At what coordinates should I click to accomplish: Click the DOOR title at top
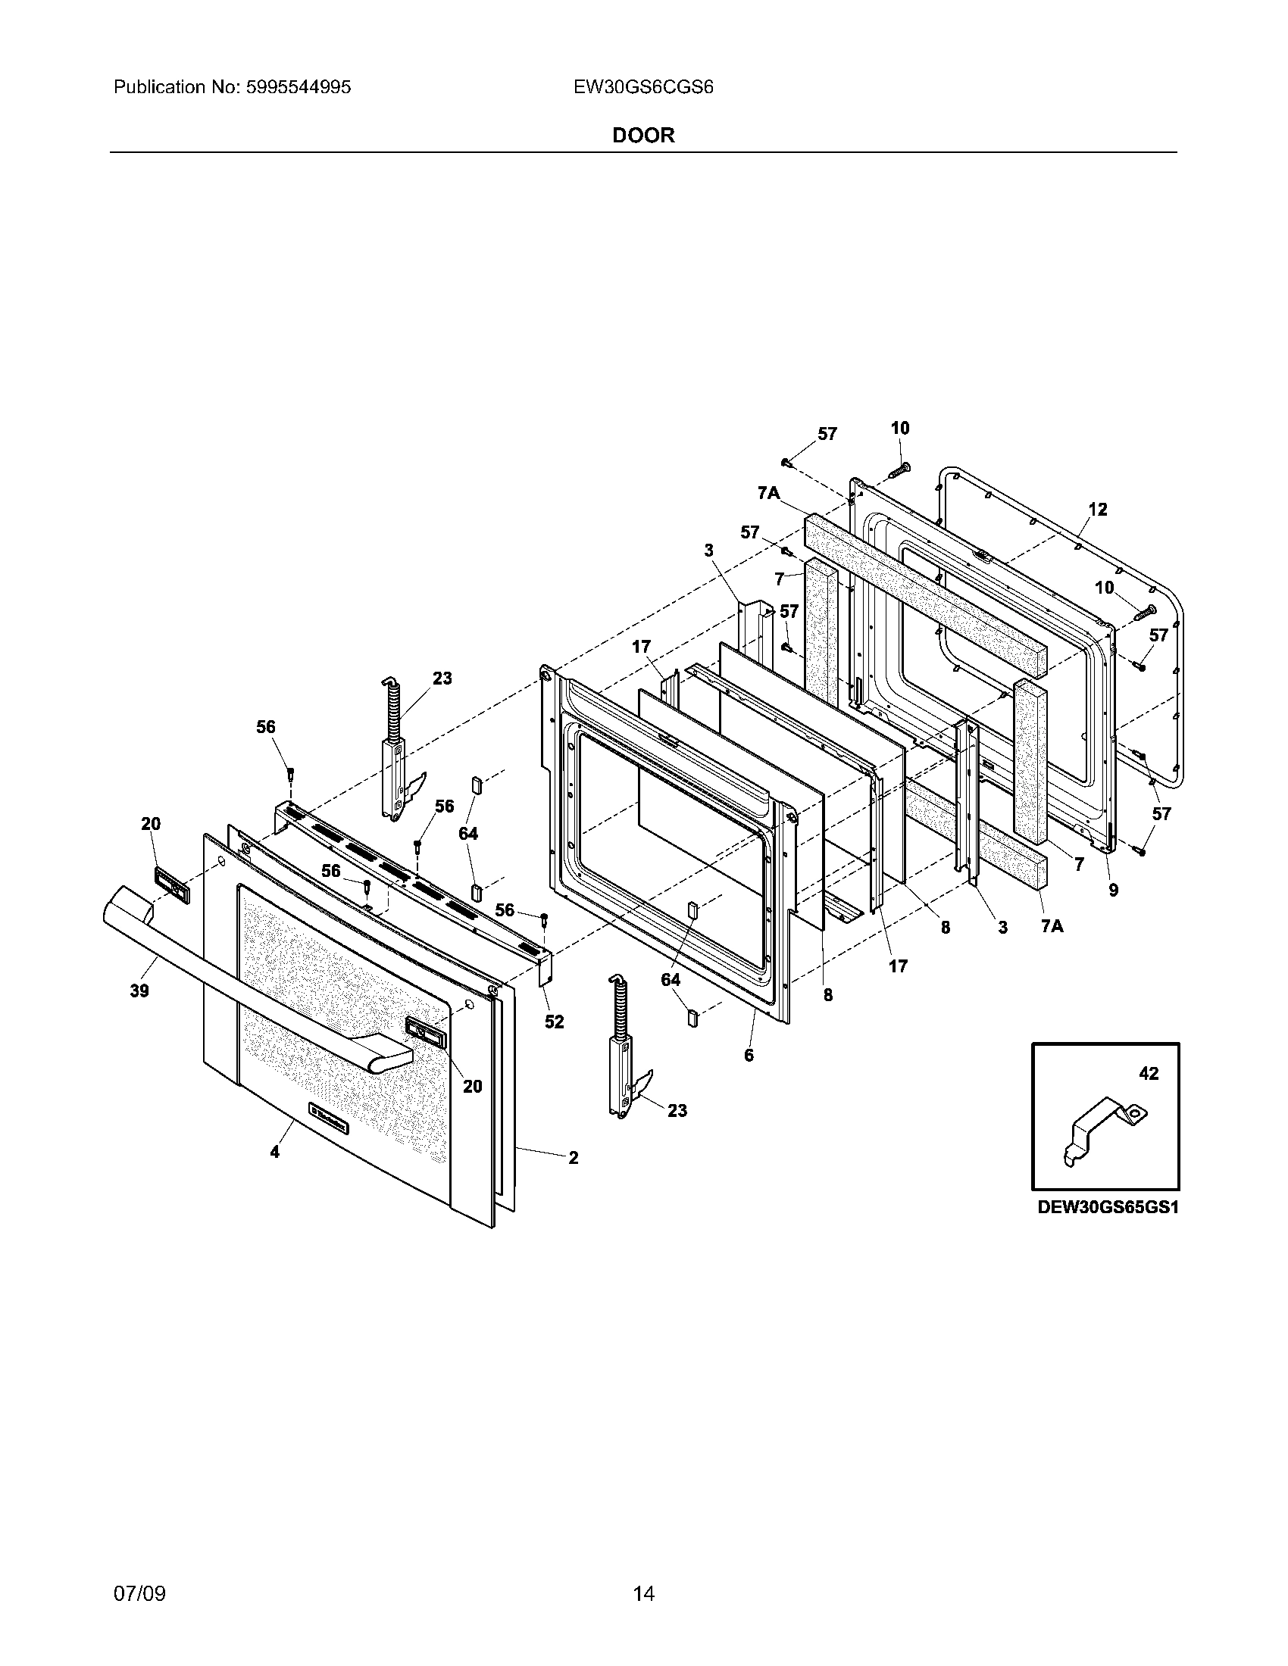click(x=643, y=136)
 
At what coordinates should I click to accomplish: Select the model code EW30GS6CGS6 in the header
click(x=643, y=87)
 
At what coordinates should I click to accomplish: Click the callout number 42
click(x=1149, y=1073)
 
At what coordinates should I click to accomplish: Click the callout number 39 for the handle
click(x=139, y=991)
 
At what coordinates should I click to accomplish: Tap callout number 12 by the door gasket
click(x=1097, y=509)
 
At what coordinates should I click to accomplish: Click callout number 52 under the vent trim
click(x=554, y=1022)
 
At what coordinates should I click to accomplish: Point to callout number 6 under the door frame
click(x=749, y=1055)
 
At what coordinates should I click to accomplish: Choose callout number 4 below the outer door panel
click(x=275, y=1153)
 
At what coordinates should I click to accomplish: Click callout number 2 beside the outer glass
click(x=573, y=1158)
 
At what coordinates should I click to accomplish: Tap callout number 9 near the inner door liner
click(x=1113, y=890)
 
